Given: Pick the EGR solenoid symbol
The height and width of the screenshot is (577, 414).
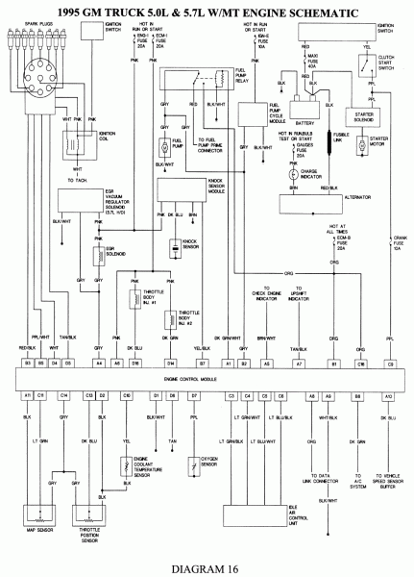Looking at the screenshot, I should [x=99, y=258].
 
